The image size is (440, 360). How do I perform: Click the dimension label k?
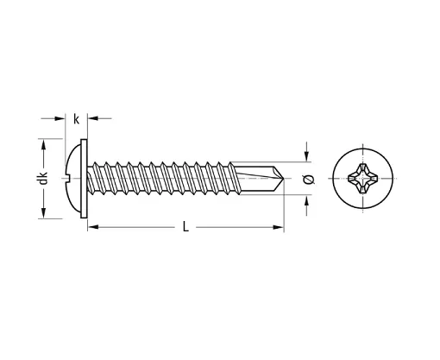coord(76,119)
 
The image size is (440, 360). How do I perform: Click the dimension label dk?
coord(43,178)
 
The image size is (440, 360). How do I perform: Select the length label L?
coord(185,227)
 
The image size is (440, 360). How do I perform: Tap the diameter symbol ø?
coord(309,180)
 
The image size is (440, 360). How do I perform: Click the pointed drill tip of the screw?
coord(284,179)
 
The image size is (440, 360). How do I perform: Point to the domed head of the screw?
coord(73,179)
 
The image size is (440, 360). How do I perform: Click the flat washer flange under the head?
coord(84,179)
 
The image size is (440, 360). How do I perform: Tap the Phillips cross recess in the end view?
coord(362,179)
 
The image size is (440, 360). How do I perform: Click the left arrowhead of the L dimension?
coord(93,227)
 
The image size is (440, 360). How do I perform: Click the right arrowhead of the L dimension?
coord(279,227)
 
